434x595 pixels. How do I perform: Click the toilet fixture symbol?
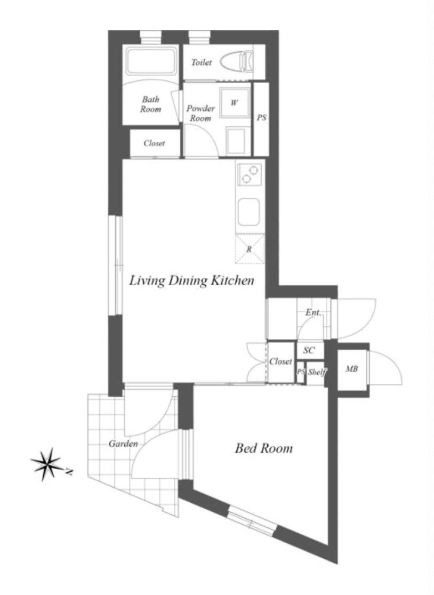(x=237, y=61)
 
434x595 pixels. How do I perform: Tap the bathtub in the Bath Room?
(x=151, y=61)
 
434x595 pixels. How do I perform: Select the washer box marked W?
(x=235, y=102)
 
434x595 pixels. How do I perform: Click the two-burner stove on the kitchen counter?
(x=250, y=174)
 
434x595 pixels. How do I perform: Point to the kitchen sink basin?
(x=249, y=212)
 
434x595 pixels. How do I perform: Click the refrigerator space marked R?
(x=250, y=249)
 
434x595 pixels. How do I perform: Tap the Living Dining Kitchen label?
(x=191, y=280)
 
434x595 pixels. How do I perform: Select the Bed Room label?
(x=264, y=448)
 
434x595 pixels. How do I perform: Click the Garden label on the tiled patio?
(x=123, y=443)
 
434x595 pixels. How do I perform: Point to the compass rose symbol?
(x=48, y=464)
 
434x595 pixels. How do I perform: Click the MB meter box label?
(x=351, y=368)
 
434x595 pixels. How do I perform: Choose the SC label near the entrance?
(x=309, y=350)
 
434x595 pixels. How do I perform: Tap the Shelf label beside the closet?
(x=317, y=372)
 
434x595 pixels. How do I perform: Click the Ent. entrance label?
(x=313, y=312)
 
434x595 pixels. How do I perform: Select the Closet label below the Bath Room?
(x=154, y=143)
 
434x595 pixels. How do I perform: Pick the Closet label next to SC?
(x=281, y=361)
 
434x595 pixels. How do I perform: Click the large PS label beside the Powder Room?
(x=261, y=118)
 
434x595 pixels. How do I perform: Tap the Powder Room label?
(x=200, y=113)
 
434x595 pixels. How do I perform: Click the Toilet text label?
(x=202, y=62)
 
